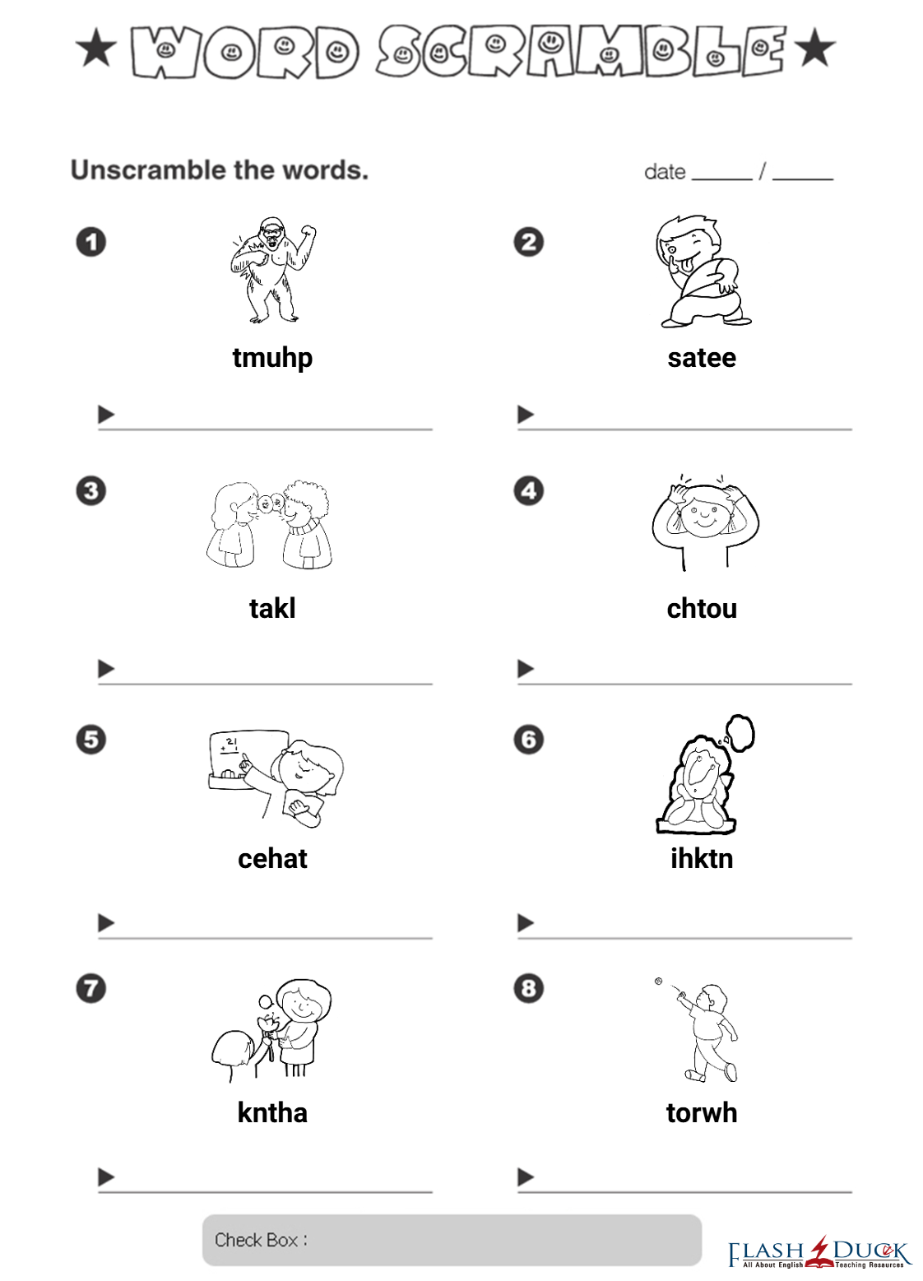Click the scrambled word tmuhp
(272, 359)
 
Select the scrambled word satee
(702, 358)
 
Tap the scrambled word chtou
(702, 608)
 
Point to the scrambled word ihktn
(702, 858)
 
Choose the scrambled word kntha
(272, 1112)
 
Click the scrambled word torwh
(702, 1112)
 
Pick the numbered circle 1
(91, 242)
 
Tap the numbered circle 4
(528, 490)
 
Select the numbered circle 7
(91, 989)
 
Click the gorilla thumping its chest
(273, 270)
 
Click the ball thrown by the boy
(657, 981)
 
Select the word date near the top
(665, 172)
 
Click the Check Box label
(261, 1239)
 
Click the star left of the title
(96, 48)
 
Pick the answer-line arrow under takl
(106, 668)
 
